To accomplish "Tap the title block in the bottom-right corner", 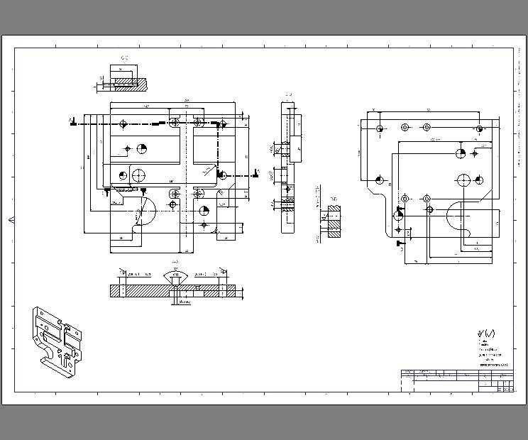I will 457,380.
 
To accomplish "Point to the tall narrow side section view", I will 287,167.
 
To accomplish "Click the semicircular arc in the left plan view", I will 145,211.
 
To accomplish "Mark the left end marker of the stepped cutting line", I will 72,121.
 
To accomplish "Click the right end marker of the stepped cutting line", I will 256,172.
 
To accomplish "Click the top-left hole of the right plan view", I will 380,128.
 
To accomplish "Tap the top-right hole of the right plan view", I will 480,128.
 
